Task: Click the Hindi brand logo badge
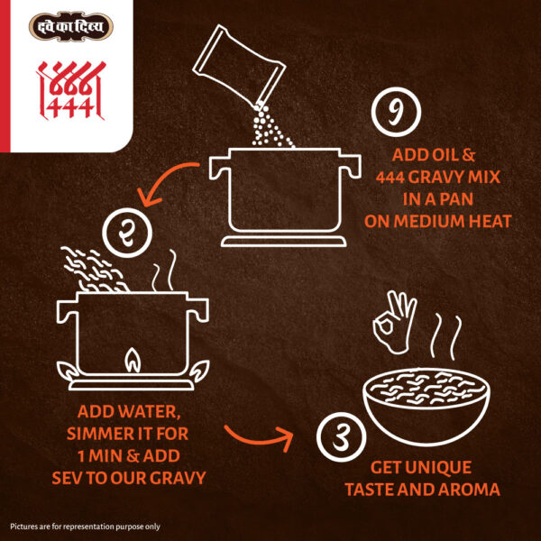[x=71, y=26]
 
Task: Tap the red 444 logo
[x=71, y=90]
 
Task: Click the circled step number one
[x=396, y=112]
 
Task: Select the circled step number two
[x=127, y=233]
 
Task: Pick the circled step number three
[x=341, y=436]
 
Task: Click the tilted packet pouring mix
[x=239, y=65]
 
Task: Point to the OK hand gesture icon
[x=394, y=323]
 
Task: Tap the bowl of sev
[x=426, y=407]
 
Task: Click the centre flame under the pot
[x=133, y=361]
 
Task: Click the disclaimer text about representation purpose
[x=86, y=527]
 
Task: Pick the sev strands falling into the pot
[x=94, y=269]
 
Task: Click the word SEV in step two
[x=67, y=478]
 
